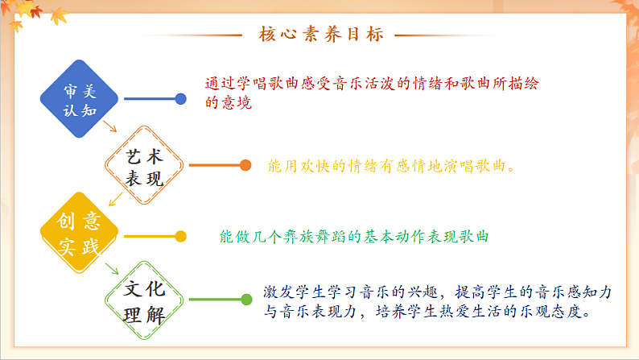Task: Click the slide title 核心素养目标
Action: point(321,35)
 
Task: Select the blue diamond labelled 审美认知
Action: point(80,99)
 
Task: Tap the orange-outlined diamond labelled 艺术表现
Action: point(146,167)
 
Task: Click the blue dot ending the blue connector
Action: point(181,99)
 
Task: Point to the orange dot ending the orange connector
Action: point(245,166)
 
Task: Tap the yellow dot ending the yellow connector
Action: point(181,236)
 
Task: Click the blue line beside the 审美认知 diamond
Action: point(149,99)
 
